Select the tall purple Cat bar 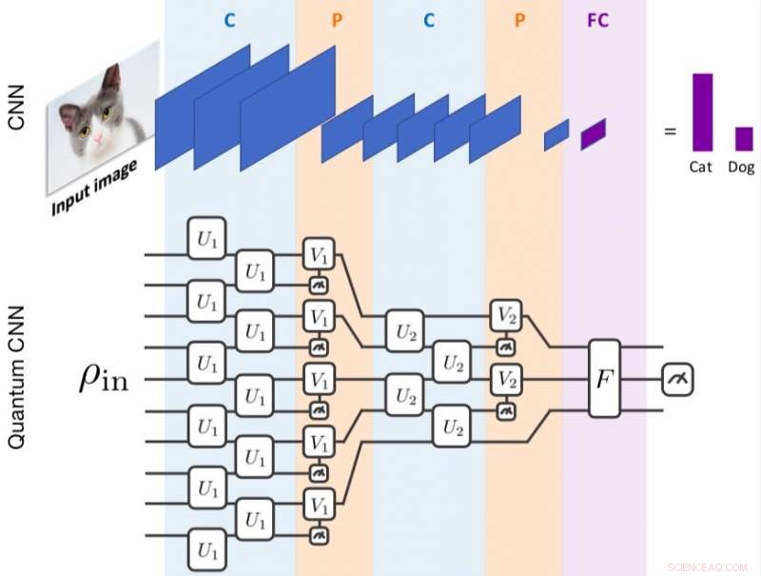pyautogui.click(x=703, y=111)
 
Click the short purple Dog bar pyautogui.click(x=743, y=138)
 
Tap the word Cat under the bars pyautogui.click(x=702, y=167)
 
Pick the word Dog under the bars pyautogui.click(x=741, y=167)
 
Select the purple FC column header pyautogui.click(x=598, y=20)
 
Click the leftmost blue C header pyautogui.click(x=229, y=20)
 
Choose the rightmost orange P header pyautogui.click(x=523, y=20)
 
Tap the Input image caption pyautogui.click(x=94, y=187)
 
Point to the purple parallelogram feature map pyautogui.click(x=593, y=133)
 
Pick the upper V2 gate pyautogui.click(x=506, y=315)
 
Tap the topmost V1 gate pyautogui.click(x=318, y=254)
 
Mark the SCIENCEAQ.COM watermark pyautogui.click(x=707, y=563)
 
